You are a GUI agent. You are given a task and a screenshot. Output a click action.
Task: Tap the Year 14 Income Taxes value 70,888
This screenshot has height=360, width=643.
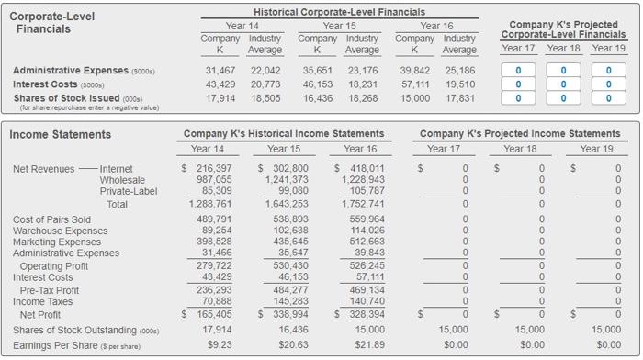pos(215,300)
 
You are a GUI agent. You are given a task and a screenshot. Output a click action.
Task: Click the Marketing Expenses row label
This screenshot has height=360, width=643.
pos(56,242)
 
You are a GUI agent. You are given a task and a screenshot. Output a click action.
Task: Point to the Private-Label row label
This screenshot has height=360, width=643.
pos(127,192)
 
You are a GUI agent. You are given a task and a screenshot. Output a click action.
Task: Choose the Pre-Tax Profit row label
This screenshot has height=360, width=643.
pos(49,289)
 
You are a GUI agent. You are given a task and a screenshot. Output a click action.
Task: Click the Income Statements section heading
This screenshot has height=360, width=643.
pos(61,135)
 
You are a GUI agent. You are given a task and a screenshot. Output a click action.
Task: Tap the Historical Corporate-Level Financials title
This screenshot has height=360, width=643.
pos(338,10)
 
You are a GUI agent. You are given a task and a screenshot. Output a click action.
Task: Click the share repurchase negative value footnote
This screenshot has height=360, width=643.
pos(83,107)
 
